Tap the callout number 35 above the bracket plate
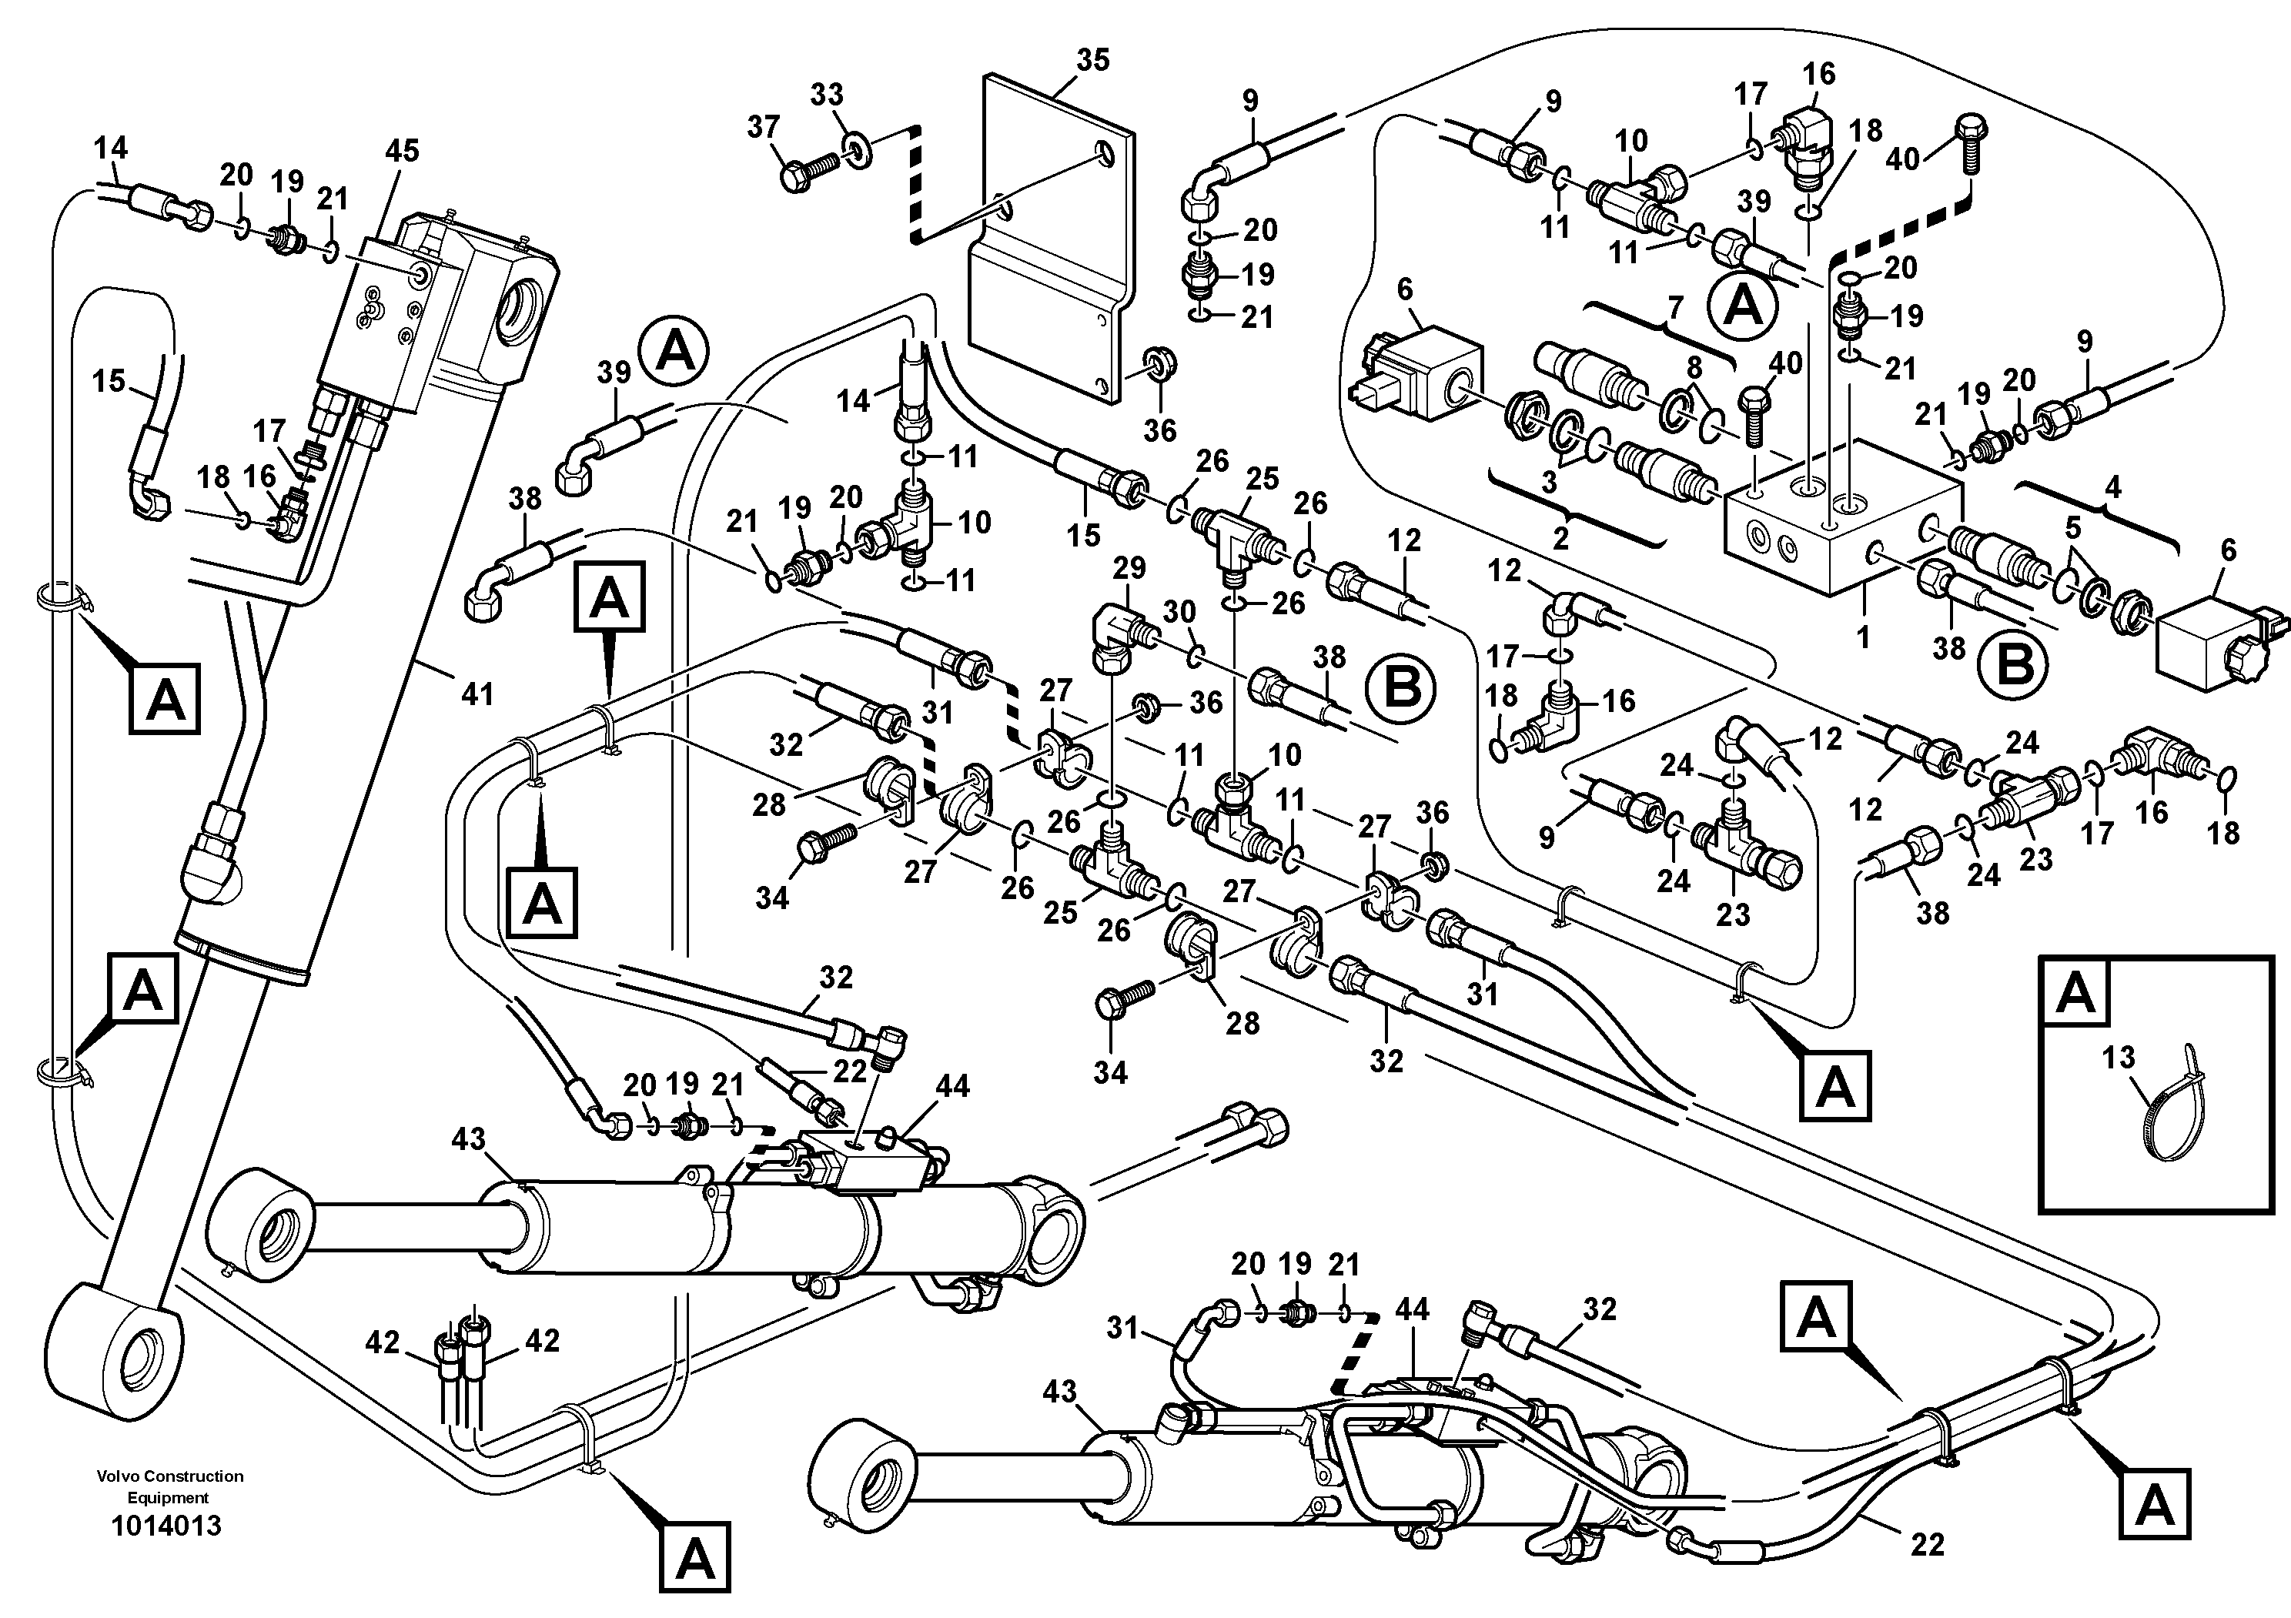1092,60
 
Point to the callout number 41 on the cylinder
477,694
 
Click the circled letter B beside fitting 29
1400,687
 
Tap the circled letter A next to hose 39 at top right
1743,306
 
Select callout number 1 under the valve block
1862,637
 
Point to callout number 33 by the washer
826,95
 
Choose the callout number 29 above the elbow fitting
1129,570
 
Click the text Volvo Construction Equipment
169,1486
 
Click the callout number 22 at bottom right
1928,1544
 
